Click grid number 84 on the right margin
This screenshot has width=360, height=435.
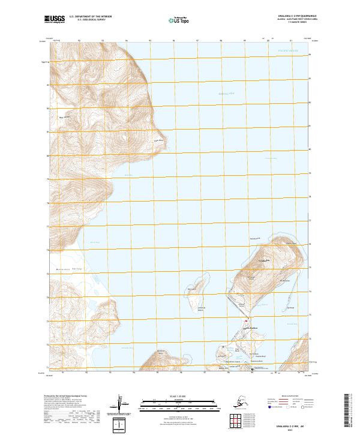point(310,55)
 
